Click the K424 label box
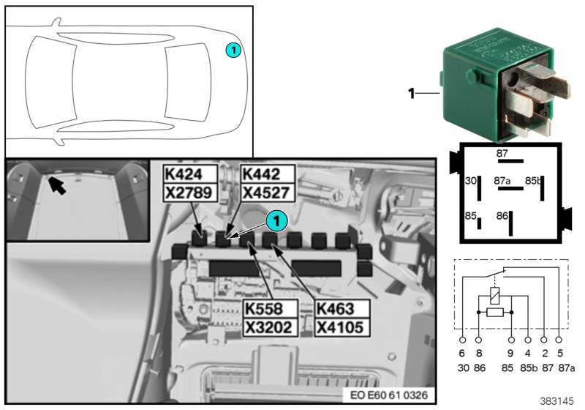(x=190, y=174)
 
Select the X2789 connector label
(x=190, y=193)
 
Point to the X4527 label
(x=267, y=193)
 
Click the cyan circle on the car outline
(x=233, y=50)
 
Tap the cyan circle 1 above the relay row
(x=276, y=218)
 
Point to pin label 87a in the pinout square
(x=502, y=179)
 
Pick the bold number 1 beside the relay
(x=411, y=93)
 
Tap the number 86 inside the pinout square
(x=502, y=216)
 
